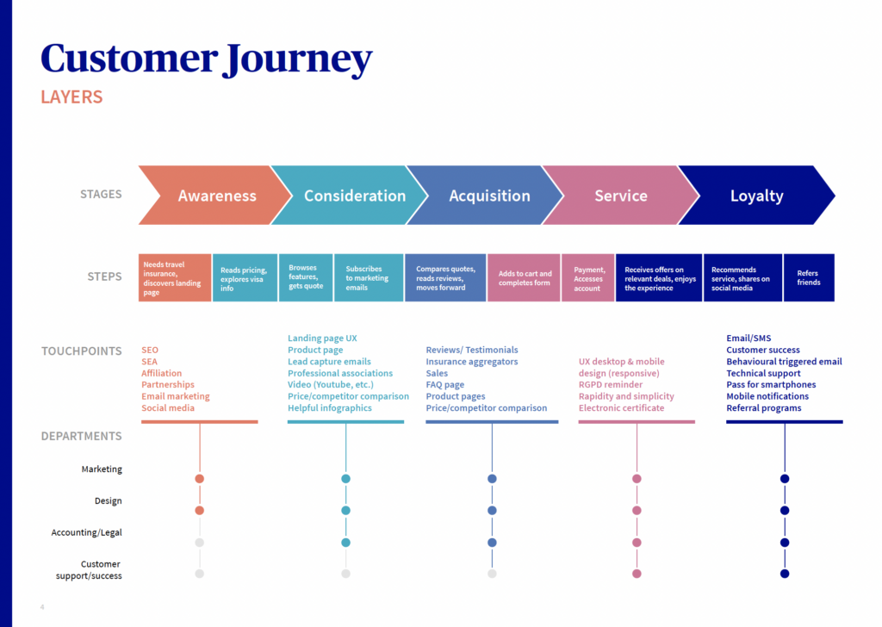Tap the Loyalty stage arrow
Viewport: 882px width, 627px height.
click(756, 196)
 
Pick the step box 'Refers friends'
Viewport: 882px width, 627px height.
click(809, 278)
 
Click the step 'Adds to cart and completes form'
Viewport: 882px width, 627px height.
click(525, 278)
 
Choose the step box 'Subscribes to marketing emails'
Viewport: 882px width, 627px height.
click(369, 278)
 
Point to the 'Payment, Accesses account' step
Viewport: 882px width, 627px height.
click(587, 278)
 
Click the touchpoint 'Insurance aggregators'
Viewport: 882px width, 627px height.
click(472, 362)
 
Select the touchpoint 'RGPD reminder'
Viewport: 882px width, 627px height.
click(611, 385)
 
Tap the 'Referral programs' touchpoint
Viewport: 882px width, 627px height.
click(764, 408)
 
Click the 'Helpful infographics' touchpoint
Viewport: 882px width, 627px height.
click(330, 408)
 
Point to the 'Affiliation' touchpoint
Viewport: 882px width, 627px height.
click(161, 374)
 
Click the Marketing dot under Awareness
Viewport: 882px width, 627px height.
click(199, 479)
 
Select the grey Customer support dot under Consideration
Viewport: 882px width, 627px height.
click(346, 574)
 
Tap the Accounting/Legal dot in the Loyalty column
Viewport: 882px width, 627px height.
click(785, 543)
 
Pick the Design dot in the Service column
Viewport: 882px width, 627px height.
click(637, 511)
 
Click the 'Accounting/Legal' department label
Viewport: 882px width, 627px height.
click(87, 532)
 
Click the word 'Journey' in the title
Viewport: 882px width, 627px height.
click(297, 59)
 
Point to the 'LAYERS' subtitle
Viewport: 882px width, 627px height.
click(71, 96)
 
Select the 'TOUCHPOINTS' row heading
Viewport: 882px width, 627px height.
click(82, 351)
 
